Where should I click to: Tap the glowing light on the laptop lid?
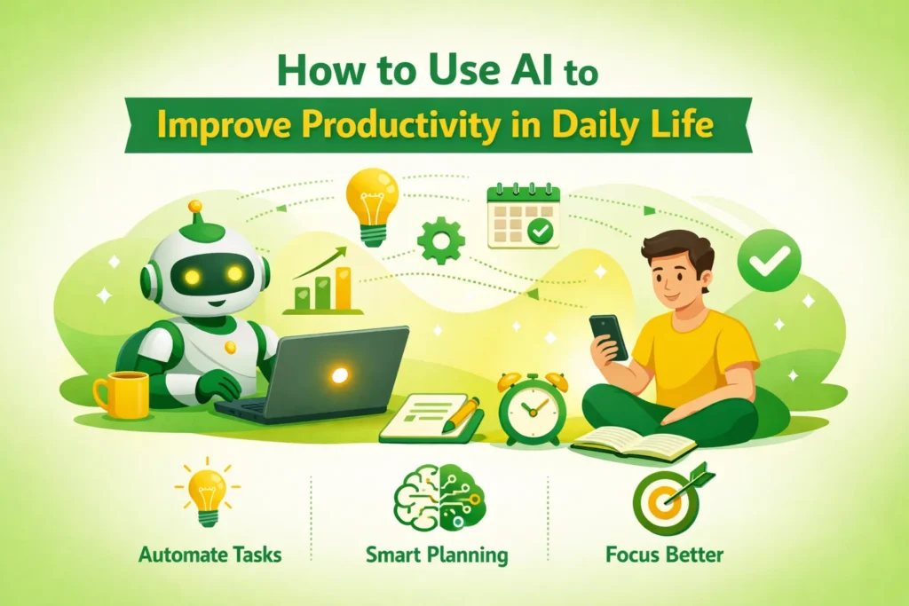(338, 375)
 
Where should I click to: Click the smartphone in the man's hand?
(608, 336)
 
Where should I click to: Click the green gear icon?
(441, 239)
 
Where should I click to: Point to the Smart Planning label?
(437, 556)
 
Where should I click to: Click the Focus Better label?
(664, 556)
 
